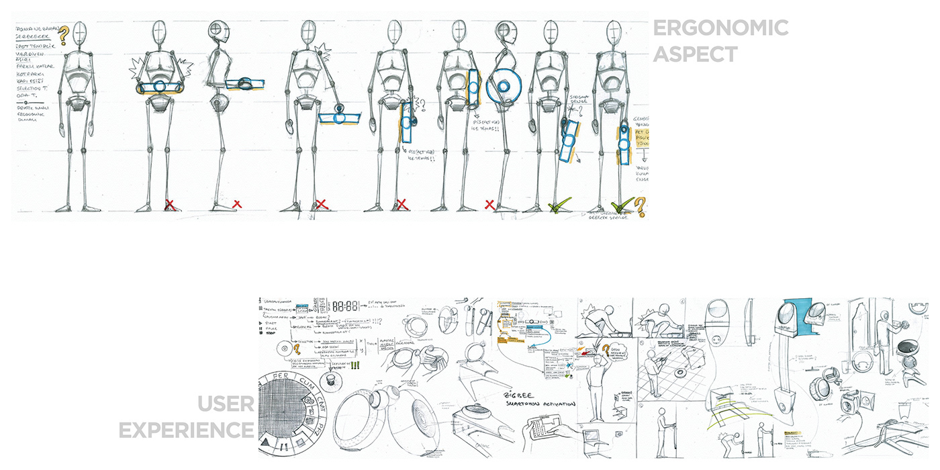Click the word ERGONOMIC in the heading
720,28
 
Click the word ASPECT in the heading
695,54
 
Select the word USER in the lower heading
226,404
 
